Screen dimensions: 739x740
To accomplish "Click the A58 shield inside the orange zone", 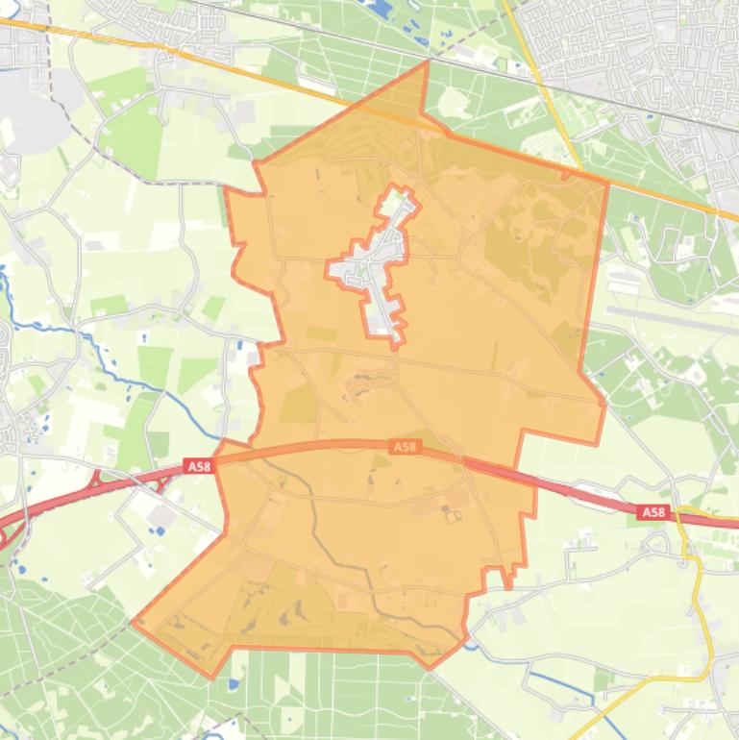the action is tap(405, 447).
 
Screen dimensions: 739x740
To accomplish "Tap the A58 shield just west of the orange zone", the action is tap(198, 466).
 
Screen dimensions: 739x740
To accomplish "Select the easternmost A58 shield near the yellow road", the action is tap(653, 512).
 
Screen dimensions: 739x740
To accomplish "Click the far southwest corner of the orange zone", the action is tap(135, 622).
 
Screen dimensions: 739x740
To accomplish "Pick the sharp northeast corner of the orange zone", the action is tap(607, 182).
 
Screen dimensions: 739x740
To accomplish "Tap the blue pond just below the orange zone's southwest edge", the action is tap(234, 685).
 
